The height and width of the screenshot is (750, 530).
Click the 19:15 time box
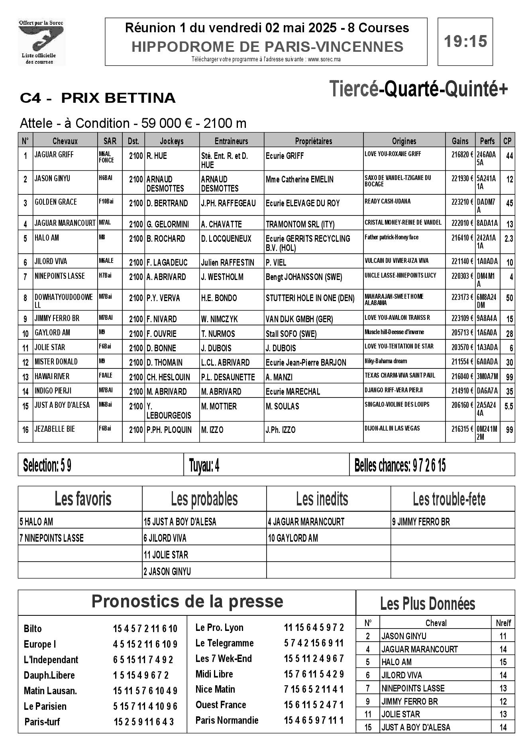pos(465,41)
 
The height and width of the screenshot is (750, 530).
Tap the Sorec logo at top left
pos(41,42)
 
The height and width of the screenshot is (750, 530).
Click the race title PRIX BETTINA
pos(118,98)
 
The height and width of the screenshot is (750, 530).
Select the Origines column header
pos(404,141)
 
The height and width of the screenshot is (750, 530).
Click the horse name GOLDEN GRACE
pos(56,202)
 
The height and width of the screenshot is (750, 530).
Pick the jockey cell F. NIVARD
pos(161,319)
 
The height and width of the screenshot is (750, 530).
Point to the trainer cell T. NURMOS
pos(218,334)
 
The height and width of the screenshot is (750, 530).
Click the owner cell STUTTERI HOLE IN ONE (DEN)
pos(310,298)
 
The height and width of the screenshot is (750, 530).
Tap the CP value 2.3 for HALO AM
pos(508,239)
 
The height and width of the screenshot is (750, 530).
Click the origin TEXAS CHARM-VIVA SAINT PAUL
pos(400,376)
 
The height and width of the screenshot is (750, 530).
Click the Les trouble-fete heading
pos(449,499)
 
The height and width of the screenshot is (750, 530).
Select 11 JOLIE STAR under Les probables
pos(166,555)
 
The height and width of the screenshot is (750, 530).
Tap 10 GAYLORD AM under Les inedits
pos(293,539)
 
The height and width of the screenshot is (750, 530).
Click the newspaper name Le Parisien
pos(45,706)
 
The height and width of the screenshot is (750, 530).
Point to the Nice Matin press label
pos(215,689)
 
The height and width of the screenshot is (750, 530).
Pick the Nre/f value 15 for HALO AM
pos(503,662)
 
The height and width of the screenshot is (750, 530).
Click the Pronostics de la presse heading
pos(187,601)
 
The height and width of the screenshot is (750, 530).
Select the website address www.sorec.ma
pos(324,59)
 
